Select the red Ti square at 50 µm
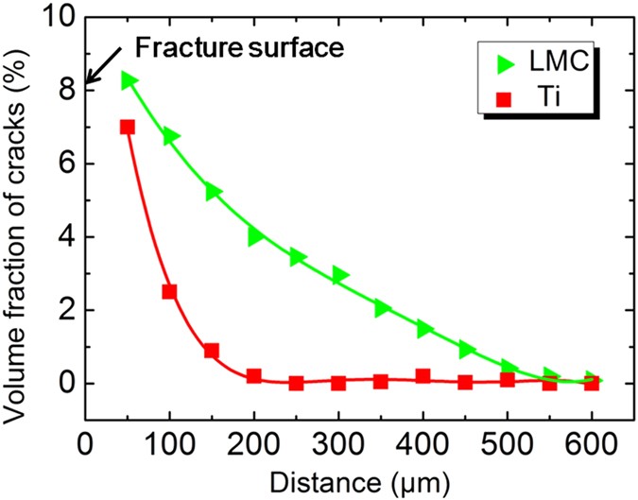click(128, 127)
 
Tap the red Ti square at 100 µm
click(169, 292)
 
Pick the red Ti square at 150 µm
click(212, 351)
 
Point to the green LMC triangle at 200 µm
click(255, 236)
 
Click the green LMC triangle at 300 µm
click(339, 275)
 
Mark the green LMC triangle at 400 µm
click(424, 328)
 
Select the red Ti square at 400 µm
click(422, 376)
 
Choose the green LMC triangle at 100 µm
click(171, 137)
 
